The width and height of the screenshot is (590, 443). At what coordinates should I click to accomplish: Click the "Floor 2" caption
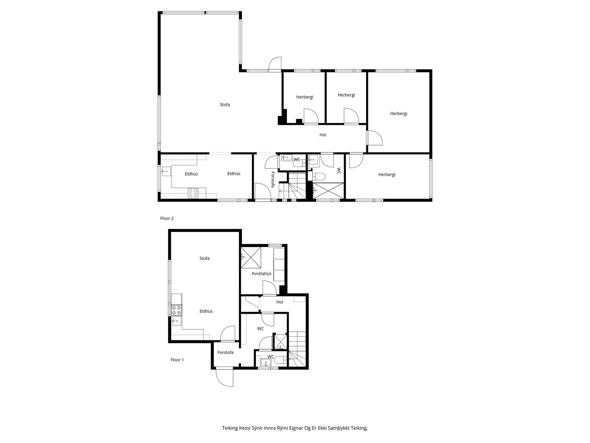[x=167, y=219]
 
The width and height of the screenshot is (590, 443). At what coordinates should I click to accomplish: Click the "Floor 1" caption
[x=177, y=360]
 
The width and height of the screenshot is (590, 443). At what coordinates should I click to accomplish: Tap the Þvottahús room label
[x=261, y=274]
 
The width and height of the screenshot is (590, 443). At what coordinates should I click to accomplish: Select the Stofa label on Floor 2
[x=225, y=104]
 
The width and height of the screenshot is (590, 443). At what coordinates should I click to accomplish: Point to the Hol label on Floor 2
[x=323, y=135]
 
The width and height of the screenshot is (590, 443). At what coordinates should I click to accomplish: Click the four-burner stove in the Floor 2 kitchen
[x=193, y=193]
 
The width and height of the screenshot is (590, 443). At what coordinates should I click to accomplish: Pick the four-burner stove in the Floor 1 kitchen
[x=177, y=310]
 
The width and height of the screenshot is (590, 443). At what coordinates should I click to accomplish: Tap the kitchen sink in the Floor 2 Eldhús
[x=166, y=171]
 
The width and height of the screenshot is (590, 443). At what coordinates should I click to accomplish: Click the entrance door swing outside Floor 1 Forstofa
[x=225, y=378]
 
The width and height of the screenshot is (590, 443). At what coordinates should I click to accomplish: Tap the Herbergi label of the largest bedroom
[x=398, y=113]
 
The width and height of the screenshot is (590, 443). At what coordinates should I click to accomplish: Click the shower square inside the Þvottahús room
[x=251, y=258]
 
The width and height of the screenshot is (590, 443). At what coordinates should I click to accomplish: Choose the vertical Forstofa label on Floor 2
[x=273, y=179]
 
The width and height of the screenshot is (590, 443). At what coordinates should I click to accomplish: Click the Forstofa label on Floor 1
[x=225, y=352]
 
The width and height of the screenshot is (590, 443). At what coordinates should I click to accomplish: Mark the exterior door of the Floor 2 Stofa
[x=275, y=64]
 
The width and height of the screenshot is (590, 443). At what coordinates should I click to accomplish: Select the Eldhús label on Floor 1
[x=206, y=311]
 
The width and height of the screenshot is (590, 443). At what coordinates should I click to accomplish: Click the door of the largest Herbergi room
[x=374, y=138]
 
